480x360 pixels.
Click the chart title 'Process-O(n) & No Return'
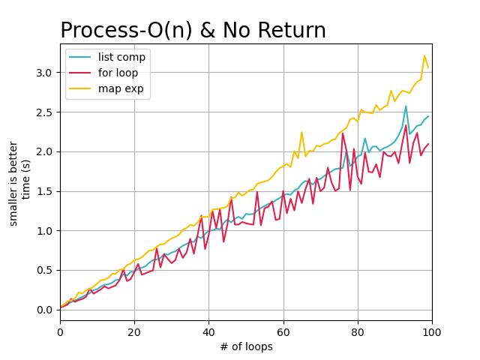pyautogui.click(x=193, y=30)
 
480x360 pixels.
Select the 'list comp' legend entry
pyautogui.click(x=121, y=57)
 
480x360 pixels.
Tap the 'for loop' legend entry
pyautogui.click(x=118, y=73)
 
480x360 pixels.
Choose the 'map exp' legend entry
pyautogui.click(x=120, y=89)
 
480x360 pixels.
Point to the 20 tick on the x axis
pyautogui.click(x=135, y=332)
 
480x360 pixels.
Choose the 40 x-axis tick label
pyautogui.click(x=209, y=332)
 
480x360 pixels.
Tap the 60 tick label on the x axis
pyautogui.click(x=283, y=332)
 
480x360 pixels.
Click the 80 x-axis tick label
pyautogui.click(x=358, y=332)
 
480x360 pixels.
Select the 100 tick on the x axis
pyautogui.click(x=432, y=332)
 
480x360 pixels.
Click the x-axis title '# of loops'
pyautogui.click(x=246, y=346)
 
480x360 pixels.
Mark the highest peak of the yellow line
pyautogui.click(x=424, y=55)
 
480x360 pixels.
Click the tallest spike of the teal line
pyautogui.click(x=406, y=106)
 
